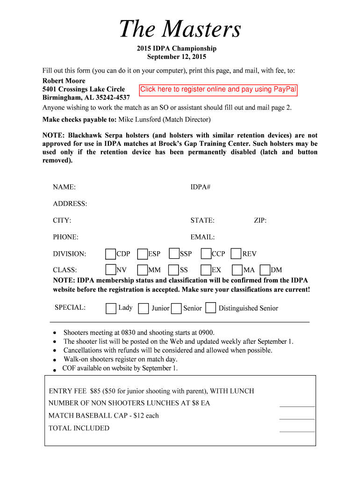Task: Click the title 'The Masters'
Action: [x=180, y=29]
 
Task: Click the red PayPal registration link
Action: [x=218, y=89]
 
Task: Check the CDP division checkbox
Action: [x=110, y=254]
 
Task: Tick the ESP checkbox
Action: [x=143, y=254]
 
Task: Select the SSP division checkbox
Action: [x=174, y=254]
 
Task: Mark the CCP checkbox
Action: [x=206, y=254]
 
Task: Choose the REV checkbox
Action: [x=236, y=254]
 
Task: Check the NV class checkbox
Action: [x=110, y=270]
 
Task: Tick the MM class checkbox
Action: [x=143, y=270]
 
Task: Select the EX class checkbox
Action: [x=206, y=270]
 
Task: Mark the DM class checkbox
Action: [x=265, y=270]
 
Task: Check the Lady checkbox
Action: [x=111, y=308]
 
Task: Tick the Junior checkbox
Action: [x=144, y=308]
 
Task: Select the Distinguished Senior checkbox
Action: [x=211, y=308]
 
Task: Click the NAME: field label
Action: [x=65, y=187]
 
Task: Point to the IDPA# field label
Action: [x=200, y=187]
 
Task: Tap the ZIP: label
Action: [x=260, y=220]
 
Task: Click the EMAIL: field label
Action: [x=202, y=237]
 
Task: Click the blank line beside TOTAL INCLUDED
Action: [x=297, y=430]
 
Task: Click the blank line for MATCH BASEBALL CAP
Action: [x=297, y=418]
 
